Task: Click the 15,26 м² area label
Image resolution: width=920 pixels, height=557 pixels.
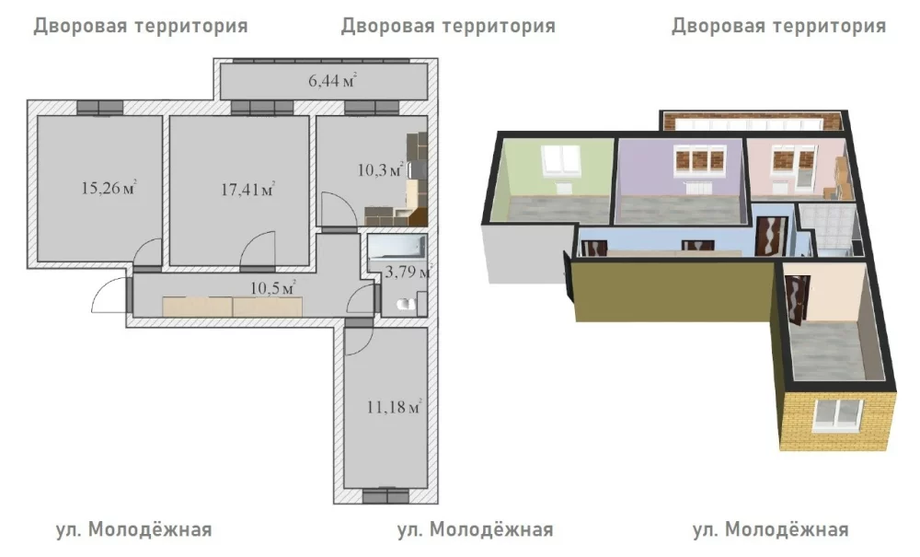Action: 109,188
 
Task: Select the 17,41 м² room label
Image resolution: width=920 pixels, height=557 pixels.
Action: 248,189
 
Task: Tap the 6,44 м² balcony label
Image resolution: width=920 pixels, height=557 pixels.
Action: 333,80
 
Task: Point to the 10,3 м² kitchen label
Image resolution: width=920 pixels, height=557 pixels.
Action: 380,170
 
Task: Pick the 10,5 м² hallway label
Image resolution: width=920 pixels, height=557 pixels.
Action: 273,288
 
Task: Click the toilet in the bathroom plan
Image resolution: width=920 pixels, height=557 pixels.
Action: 406,304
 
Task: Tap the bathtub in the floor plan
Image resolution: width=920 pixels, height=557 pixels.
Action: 397,247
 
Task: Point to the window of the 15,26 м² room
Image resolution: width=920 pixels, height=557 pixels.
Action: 100,108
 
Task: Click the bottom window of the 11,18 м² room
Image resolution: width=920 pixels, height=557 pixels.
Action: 385,496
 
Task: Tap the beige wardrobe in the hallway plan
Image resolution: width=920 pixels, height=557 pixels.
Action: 233,307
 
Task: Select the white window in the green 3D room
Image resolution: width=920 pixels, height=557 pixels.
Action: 562,159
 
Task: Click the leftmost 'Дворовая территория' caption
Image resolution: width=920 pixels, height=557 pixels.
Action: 141,27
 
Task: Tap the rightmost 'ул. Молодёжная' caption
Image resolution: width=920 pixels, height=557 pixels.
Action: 770,529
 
